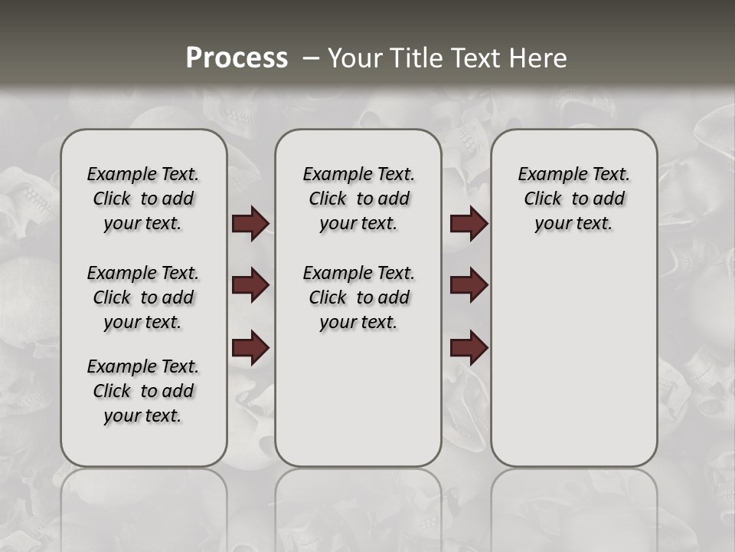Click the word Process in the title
click(237, 58)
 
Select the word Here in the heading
click(537, 58)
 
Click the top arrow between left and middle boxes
click(250, 224)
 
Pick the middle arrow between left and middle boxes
click(250, 285)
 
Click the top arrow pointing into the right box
click(469, 224)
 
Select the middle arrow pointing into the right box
click(469, 285)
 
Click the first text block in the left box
click(143, 199)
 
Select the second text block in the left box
click(143, 297)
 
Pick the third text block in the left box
click(143, 391)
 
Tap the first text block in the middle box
click(358, 199)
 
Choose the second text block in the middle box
click(358, 297)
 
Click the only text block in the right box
click(573, 199)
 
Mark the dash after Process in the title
click(309, 58)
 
